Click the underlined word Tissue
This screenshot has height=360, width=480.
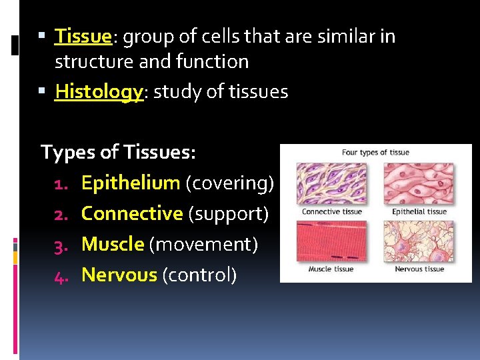point(83,36)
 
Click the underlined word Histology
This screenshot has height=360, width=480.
point(99,91)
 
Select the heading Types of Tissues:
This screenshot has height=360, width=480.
point(118,152)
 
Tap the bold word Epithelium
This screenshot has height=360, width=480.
point(131,183)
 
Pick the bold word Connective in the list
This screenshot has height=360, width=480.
point(132,213)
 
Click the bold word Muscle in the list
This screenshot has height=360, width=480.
point(113,244)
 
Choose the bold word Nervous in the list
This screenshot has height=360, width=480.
point(119,275)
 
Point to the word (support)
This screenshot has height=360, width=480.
point(229,213)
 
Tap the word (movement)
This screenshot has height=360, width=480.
point(203,244)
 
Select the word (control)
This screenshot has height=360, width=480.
point(199,275)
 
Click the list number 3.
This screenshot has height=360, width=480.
point(61,245)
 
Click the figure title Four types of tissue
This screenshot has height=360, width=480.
point(375,153)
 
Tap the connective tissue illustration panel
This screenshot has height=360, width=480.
point(331,183)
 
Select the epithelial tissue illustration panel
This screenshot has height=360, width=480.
point(419,183)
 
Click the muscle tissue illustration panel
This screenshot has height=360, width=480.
point(331,241)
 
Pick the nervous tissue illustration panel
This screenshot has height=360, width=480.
point(419,241)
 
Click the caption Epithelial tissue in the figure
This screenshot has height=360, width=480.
point(419,212)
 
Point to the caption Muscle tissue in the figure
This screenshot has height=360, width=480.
point(330,269)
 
